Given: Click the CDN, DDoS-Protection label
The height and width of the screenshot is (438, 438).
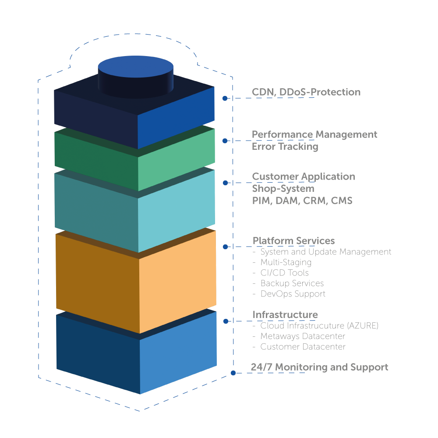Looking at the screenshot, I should (x=306, y=92).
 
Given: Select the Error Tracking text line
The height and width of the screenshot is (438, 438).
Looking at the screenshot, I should (x=285, y=147).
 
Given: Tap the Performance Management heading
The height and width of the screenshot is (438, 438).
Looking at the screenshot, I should (x=314, y=134).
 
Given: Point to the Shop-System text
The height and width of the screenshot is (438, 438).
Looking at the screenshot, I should (x=283, y=189).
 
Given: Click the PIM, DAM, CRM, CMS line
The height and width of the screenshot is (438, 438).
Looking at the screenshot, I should (x=302, y=201).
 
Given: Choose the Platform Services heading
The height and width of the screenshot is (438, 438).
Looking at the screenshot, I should (x=293, y=241).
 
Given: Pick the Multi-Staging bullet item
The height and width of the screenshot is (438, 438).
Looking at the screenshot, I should (x=286, y=262).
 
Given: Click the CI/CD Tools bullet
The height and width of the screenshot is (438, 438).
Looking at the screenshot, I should (x=284, y=273).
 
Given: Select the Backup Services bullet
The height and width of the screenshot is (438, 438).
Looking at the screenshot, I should (x=292, y=283).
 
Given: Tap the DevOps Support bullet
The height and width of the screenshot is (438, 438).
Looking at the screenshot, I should (x=293, y=294).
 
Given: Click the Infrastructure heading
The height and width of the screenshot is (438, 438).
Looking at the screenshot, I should (x=285, y=315).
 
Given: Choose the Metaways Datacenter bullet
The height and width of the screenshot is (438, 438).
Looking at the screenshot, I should (x=303, y=336).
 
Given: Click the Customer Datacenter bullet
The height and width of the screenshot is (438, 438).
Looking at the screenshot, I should (x=303, y=347).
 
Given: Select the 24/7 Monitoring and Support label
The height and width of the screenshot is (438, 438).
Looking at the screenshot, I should (x=320, y=367).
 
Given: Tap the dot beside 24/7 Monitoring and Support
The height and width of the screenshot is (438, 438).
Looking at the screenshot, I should (x=233, y=373).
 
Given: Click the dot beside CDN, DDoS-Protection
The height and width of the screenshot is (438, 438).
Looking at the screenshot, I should (x=225, y=99).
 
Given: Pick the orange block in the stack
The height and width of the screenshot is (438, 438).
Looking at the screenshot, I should (x=136, y=280).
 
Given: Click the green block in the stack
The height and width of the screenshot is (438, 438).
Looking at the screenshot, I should (x=135, y=160).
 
